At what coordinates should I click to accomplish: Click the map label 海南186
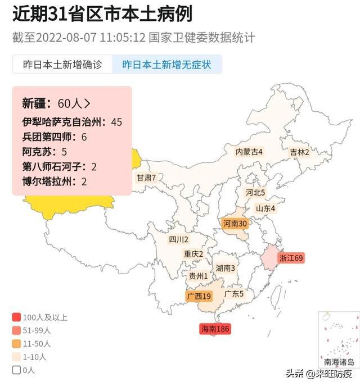pyautogui.click(x=215, y=329)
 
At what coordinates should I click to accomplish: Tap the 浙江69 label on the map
pyautogui.click(x=291, y=258)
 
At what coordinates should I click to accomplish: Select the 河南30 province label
pyautogui.click(x=235, y=224)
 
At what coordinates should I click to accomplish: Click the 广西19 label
pyautogui.click(x=199, y=296)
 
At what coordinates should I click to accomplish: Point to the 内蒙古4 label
pyautogui.click(x=249, y=152)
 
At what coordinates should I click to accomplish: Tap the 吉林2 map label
pyautogui.click(x=300, y=152)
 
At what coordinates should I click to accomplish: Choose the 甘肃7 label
pyautogui.click(x=146, y=178)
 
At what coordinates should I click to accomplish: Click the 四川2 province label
pyautogui.click(x=178, y=239)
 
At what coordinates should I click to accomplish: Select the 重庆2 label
pyautogui.click(x=193, y=254)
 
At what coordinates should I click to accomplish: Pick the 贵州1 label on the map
pyautogui.click(x=198, y=276)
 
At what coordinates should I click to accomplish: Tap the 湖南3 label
pyautogui.click(x=226, y=268)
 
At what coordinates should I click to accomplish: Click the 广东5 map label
pyautogui.click(x=234, y=293)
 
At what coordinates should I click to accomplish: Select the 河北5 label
pyautogui.click(x=255, y=193)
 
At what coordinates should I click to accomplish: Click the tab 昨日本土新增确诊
pyautogui.click(x=62, y=65)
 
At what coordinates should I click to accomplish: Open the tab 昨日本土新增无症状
pyautogui.click(x=166, y=65)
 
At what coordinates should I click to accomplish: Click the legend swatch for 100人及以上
pyautogui.click(x=16, y=317)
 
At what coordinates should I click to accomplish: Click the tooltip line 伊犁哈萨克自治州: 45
pyautogui.click(x=72, y=121)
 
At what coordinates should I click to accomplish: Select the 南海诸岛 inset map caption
pyautogui.click(x=339, y=362)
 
